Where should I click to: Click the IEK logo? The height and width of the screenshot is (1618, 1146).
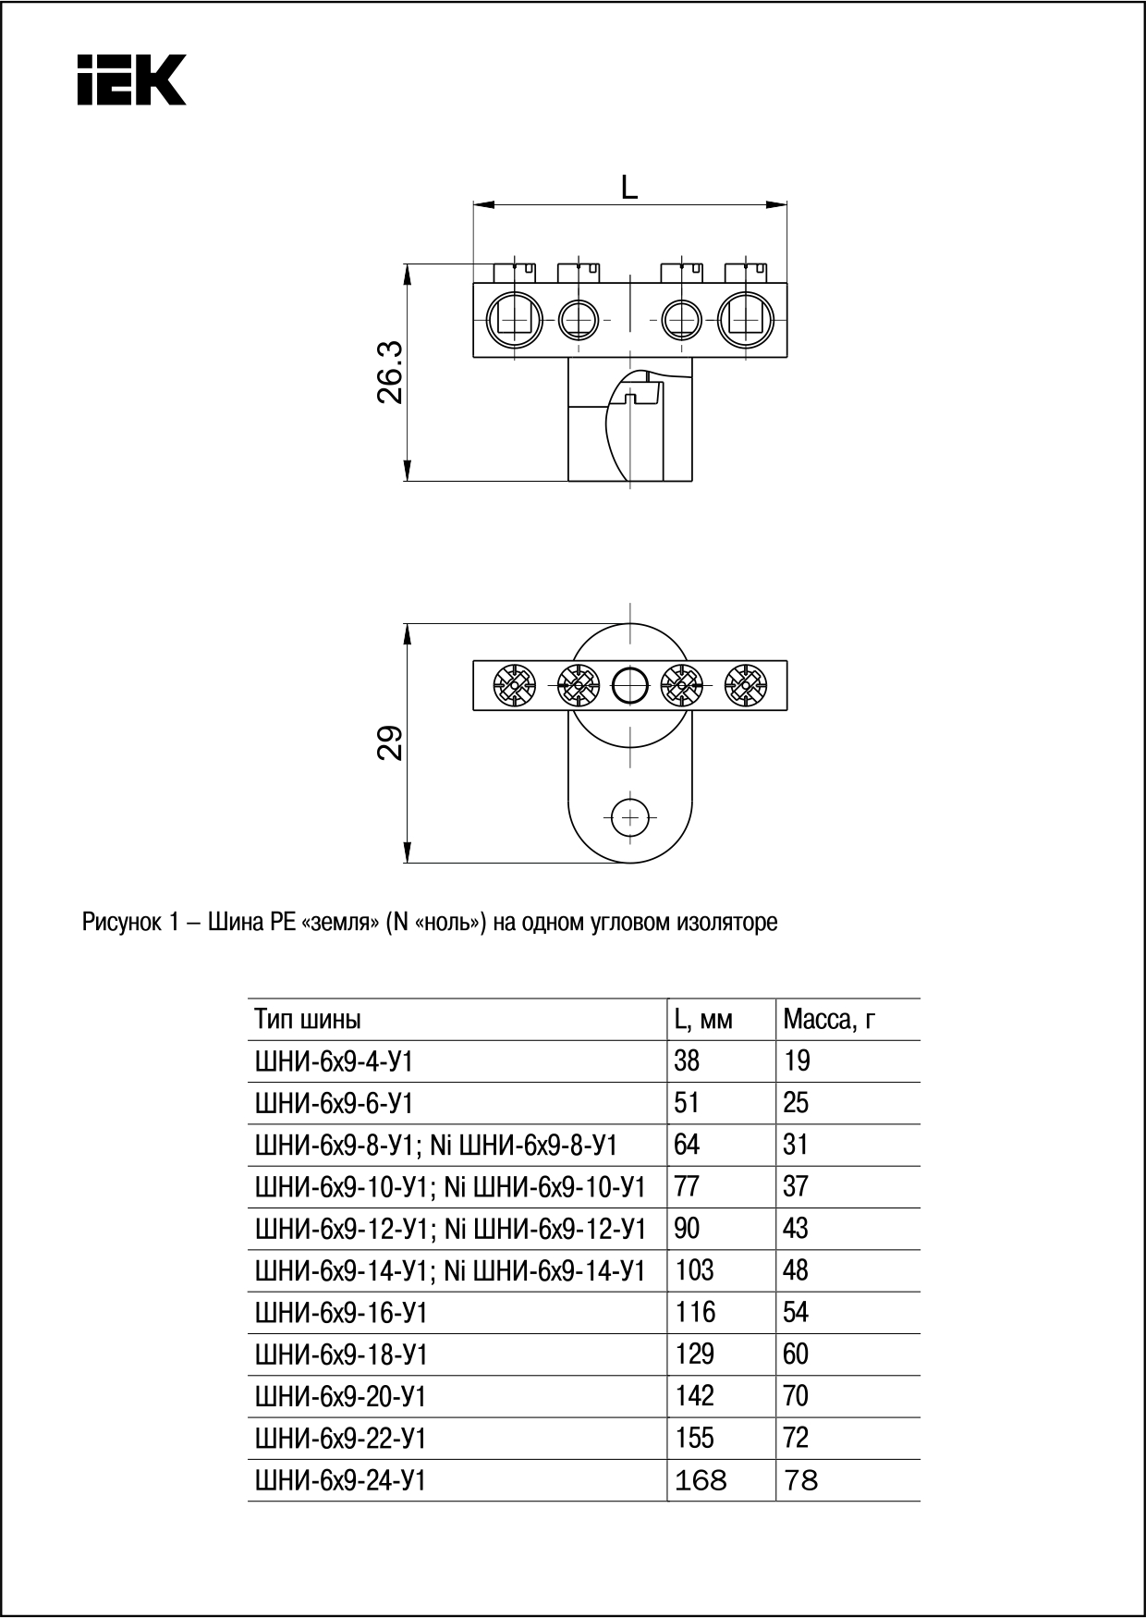coord(132,80)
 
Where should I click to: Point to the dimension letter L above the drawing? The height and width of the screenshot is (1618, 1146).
coord(629,188)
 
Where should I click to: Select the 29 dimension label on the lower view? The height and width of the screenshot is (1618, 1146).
coord(391,742)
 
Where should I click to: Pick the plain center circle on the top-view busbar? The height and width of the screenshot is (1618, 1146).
coord(630,686)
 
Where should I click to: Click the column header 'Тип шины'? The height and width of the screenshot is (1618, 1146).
coord(308,1020)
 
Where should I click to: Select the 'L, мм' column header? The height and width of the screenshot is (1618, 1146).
coord(703,1020)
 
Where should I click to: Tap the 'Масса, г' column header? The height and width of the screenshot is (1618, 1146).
coord(829,1020)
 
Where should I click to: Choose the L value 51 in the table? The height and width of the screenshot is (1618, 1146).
coord(687,1103)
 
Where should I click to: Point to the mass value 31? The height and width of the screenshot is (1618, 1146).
coord(796,1145)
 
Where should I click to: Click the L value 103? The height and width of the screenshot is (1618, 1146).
coord(694,1270)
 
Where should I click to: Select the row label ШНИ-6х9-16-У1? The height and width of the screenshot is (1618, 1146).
coord(341,1313)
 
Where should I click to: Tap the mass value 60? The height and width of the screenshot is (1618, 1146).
coord(796,1354)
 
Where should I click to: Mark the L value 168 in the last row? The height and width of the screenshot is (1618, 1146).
coord(701,1481)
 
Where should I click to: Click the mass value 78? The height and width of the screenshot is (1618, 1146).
coord(800,1481)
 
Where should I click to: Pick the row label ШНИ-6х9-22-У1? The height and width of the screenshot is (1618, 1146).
coord(341,1439)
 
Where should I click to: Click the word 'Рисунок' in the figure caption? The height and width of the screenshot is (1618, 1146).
coord(120,923)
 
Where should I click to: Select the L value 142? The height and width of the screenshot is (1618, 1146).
coord(694,1396)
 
